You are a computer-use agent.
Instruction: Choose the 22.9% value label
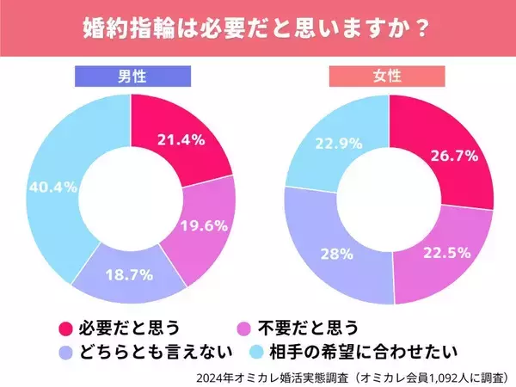point(329,143)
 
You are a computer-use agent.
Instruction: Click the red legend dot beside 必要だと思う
point(63,328)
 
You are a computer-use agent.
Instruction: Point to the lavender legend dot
point(63,352)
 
